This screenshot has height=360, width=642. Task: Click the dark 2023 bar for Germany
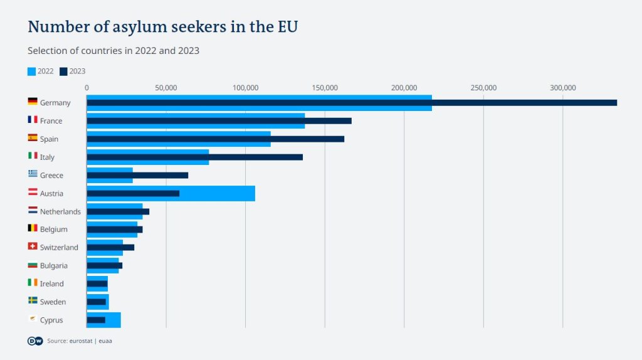351,103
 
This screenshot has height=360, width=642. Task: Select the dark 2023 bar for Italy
194,157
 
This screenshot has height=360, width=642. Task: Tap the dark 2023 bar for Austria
133,193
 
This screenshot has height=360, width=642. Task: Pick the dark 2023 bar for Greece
137,175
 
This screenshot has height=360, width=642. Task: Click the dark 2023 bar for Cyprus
96,320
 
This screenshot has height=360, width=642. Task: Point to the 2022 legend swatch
32,71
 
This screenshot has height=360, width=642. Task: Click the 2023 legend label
77,71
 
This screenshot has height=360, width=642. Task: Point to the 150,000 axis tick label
325,88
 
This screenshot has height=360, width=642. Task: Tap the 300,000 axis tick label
562,88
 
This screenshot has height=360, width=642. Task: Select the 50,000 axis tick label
166,88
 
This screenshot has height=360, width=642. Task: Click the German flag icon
33,102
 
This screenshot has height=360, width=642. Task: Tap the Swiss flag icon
33,246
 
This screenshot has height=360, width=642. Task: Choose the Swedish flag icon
33,301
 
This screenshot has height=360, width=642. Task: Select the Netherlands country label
60,212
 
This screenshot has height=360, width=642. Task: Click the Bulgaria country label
54,266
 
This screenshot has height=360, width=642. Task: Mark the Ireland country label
52,284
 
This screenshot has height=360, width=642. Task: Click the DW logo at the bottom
35,341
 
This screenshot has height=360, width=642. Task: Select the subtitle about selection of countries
113,51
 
